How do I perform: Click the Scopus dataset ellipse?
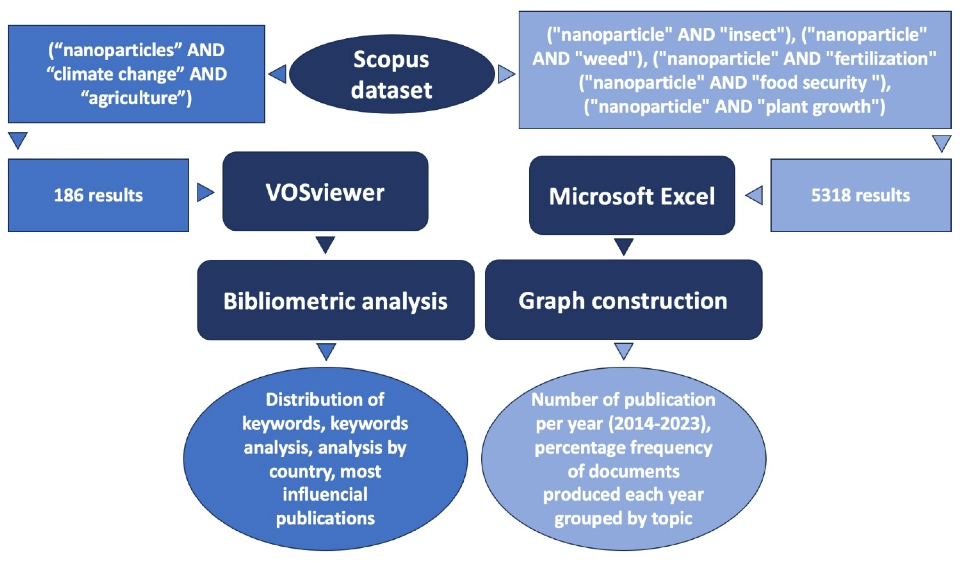392,74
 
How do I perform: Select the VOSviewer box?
325,191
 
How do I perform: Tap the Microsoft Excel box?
632,195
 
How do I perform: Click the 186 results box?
98,195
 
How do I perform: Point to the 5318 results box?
861,195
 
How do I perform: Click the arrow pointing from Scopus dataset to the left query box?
278,74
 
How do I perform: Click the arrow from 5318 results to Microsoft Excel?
754,195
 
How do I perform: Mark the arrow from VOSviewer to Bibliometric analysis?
325,245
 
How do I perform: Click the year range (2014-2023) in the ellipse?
659,423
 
